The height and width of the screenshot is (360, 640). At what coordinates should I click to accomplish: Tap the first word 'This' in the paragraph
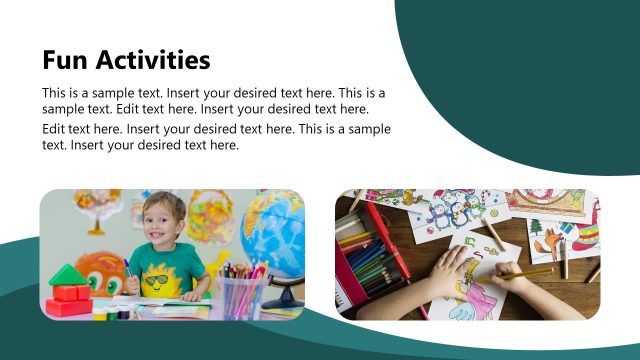[56, 91]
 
